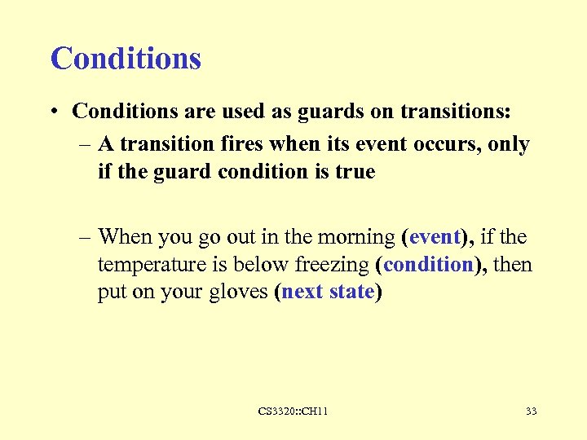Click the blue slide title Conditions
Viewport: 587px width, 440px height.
pyautogui.click(x=126, y=59)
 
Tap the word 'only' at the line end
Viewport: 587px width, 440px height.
pyautogui.click(x=511, y=145)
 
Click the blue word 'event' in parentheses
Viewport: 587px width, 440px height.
pyautogui.click(x=435, y=237)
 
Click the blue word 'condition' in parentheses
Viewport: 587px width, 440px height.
pyautogui.click(x=428, y=265)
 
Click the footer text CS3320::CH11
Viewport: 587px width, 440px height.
pyautogui.click(x=293, y=411)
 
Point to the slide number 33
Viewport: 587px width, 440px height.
pyautogui.click(x=532, y=411)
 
